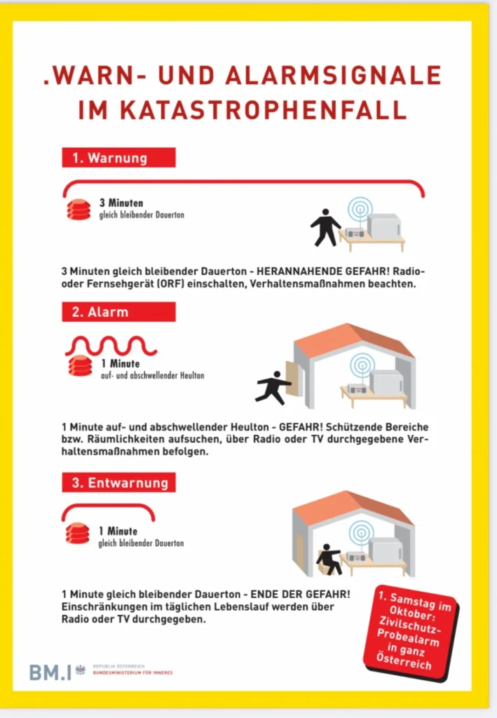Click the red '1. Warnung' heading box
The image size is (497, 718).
click(118, 158)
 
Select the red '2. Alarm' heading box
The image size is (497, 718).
click(118, 312)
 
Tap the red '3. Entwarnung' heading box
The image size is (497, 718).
click(118, 483)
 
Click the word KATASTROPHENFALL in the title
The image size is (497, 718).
click(242, 110)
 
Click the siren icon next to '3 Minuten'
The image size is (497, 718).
click(79, 209)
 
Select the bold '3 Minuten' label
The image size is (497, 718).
click(121, 203)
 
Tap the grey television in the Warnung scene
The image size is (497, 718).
click(383, 226)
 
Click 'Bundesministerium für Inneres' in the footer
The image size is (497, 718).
click(132, 674)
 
